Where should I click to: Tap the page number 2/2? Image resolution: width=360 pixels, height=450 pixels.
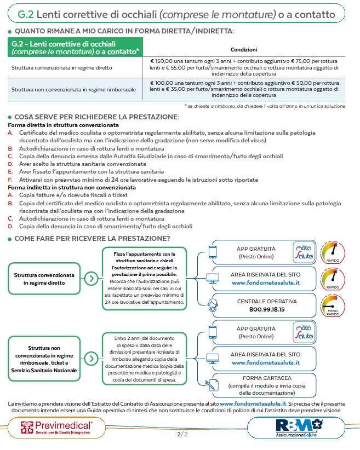pyautogui.click(x=181, y=435)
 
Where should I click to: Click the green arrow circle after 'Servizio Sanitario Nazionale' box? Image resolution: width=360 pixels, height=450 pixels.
pyautogui.click(x=93, y=359)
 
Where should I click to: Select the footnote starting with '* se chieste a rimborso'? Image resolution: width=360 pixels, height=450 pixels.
pyautogui.click(x=265, y=106)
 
